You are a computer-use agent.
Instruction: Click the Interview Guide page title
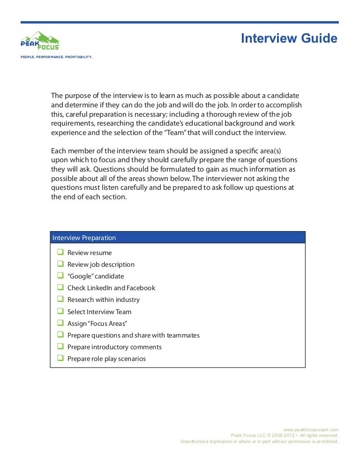(x=289, y=38)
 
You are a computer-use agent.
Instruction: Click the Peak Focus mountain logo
(x=40, y=40)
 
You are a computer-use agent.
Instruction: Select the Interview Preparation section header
(x=84, y=238)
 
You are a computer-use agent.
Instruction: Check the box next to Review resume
(x=60, y=252)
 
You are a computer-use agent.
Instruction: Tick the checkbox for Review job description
(x=60, y=264)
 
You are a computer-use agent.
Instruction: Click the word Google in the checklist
(x=81, y=276)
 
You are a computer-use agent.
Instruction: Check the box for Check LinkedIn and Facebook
(x=60, y=287)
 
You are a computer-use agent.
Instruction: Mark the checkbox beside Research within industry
(x=60, y=299)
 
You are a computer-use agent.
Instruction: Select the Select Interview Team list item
(x=99, y=312)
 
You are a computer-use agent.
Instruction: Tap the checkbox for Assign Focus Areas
(x=60, y=323)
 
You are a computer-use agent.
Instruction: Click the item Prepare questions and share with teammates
(x=133, y=335)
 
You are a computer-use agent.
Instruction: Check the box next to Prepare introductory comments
(x=60, y=346)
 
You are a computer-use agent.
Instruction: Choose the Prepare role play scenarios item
(x=106, y=359)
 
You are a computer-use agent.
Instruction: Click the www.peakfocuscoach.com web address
(x=311, y=429)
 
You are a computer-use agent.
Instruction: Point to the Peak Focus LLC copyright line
(x=285, y=436)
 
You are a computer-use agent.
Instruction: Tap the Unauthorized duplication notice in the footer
(x=259, y=442)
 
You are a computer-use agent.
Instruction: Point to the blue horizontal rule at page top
(x=180, y=22)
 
